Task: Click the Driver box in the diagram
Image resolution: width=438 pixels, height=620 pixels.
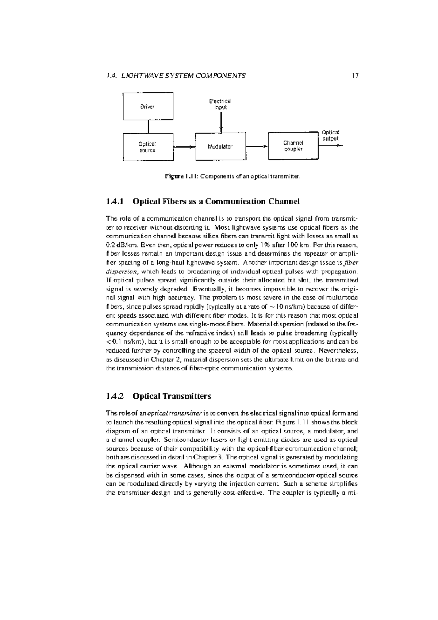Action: tap(148, 107)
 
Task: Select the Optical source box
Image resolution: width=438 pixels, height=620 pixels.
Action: tap(148, 147)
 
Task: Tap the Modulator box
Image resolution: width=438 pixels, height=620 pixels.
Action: tap(220, 146)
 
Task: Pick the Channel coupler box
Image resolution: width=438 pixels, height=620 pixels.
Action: tap(293, 146)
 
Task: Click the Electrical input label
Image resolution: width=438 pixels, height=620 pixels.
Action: tap(220, 104)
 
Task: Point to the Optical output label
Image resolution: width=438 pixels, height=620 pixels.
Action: tap(331, 135)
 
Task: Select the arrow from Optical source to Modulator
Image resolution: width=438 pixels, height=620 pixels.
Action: tap(184, 147)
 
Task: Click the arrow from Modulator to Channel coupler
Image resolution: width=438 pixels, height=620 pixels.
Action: tap(257, 146)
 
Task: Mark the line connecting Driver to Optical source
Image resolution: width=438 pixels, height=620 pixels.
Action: tap(148, 127)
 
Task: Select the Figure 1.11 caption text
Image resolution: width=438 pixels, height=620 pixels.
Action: tap(233, 176)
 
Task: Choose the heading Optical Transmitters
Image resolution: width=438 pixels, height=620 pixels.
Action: tap(172, 396)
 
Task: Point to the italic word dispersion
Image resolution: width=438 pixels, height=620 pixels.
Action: tap(122, 271)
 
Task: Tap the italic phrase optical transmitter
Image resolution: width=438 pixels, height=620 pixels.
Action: tap(174, 413)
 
